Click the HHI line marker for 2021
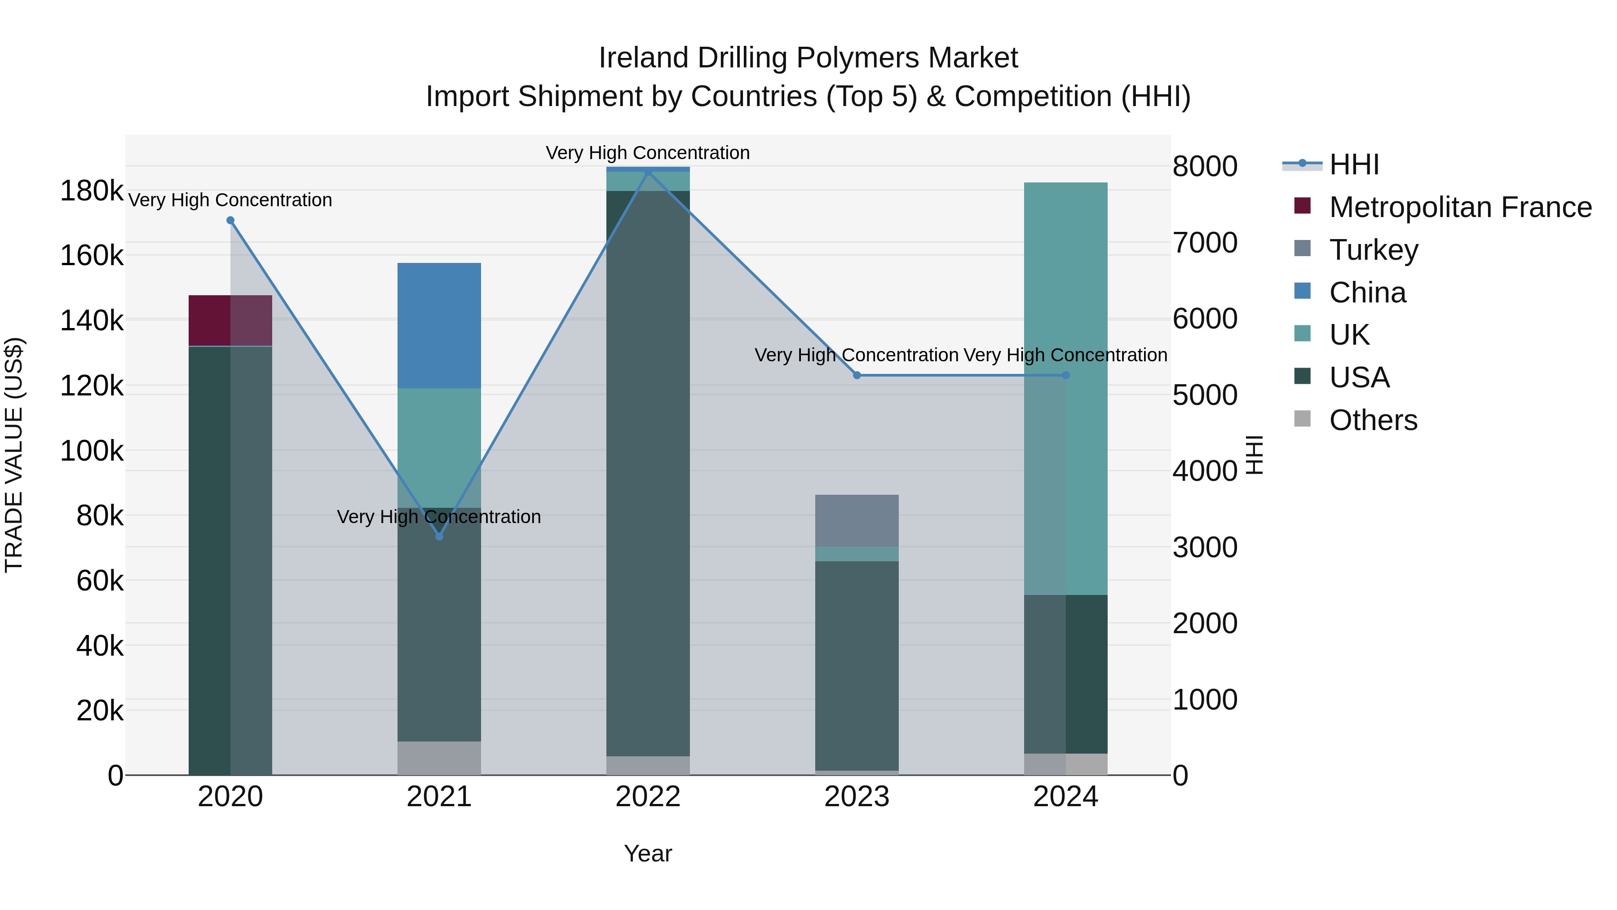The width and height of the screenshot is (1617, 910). point(439,536)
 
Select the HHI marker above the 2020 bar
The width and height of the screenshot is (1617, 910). point(230,221)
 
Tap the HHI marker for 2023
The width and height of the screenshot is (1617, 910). point(857,376)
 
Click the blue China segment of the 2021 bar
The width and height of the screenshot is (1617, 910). point(439,325)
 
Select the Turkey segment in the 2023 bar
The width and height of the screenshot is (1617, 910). point(857,521)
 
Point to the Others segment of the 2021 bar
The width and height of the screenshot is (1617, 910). point(439,758)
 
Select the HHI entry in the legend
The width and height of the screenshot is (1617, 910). point(1354,164)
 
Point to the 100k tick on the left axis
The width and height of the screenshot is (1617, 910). point(92,451)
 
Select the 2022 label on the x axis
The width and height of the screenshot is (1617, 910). point(648,797)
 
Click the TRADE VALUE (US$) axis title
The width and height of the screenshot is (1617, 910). point(14,455)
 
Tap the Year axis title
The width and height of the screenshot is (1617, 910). point(648,853)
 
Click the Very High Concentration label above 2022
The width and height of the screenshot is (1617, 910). point(648,153)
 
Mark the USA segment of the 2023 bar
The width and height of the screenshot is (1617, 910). point(857,666)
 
